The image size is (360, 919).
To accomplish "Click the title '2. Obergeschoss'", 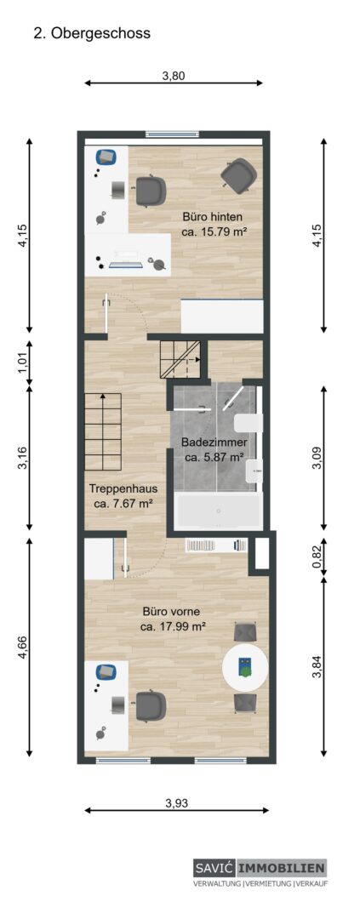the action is (91, 34).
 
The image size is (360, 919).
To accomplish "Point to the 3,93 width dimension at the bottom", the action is (177, 803).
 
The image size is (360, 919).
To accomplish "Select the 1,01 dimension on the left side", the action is (23, 363).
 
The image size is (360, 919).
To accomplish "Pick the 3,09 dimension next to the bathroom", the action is (317, 457).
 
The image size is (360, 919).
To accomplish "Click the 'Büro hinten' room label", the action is (212, 218).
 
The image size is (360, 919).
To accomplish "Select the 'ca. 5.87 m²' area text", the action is (214, 457).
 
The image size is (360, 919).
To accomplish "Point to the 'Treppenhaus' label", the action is (123, 488).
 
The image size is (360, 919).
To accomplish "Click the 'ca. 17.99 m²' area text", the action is (174, 626).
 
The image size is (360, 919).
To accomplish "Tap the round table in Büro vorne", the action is (246, 668).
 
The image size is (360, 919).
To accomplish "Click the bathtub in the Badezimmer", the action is (218, 511).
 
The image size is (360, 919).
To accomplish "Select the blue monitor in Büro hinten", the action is (106, 157).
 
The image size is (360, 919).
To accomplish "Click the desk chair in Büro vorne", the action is (151, 705).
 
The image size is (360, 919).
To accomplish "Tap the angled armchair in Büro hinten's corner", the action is (238, 174).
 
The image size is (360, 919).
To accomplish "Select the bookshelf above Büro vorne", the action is (216, 545).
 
